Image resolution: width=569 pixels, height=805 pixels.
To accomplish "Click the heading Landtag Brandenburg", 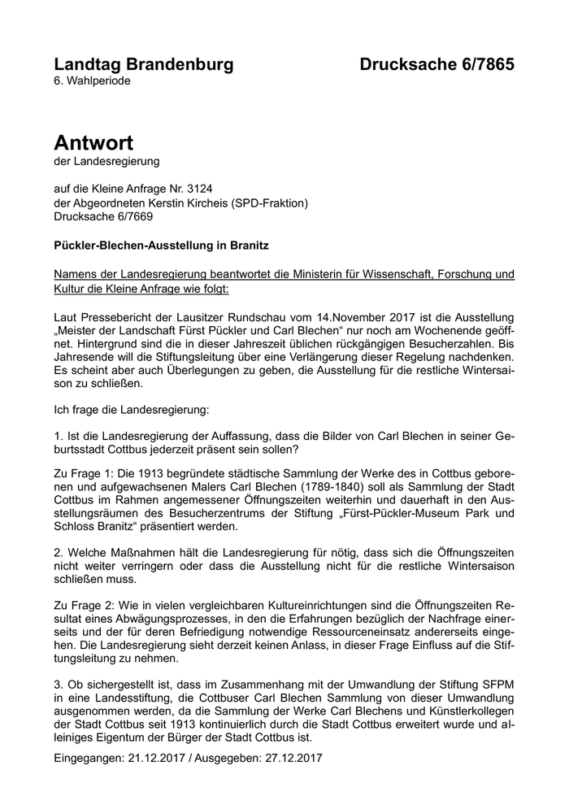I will tap(143, 64).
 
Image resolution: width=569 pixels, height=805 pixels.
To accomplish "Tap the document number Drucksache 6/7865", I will tap(437, 64).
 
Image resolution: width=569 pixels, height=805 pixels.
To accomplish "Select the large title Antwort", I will tap(93, 143).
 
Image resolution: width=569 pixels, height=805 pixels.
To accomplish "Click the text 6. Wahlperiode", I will tap(92, 80).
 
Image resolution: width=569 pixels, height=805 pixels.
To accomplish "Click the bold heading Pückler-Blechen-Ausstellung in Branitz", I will tap(161, 244).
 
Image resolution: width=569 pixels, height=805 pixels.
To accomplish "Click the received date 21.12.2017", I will tap(158, 758).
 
